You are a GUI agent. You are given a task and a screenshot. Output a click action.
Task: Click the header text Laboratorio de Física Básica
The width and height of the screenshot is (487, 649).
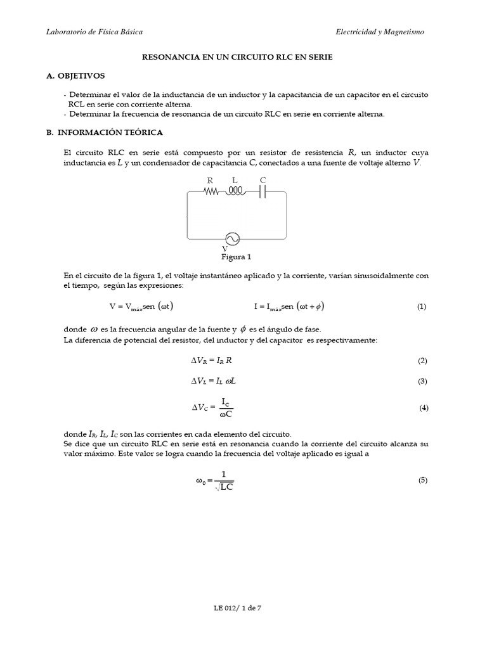click(95, 31)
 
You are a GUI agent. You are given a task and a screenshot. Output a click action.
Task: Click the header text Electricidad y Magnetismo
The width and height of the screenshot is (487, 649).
click(380, 31)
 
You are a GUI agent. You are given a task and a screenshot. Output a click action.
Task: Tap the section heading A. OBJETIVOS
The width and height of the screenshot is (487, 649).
click(75, 75)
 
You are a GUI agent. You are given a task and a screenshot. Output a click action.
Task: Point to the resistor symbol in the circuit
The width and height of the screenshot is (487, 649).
click(211, 192)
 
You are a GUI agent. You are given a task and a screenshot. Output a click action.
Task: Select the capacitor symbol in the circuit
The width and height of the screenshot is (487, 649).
click(263, 192)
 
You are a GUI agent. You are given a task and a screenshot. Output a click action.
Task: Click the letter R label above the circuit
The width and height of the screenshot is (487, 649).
click(211, 181)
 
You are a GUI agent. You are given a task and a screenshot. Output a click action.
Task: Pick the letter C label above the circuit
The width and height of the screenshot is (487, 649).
click(263, 181)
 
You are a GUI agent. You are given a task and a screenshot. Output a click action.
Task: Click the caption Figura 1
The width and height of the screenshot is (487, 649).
click(236, 257)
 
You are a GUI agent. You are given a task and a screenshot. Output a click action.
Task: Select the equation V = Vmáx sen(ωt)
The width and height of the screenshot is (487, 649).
click(141, 306)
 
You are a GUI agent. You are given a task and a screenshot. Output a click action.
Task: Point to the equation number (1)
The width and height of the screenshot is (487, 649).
click(422, 307)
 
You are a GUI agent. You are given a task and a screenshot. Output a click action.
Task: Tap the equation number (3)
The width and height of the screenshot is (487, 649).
click(423, 382)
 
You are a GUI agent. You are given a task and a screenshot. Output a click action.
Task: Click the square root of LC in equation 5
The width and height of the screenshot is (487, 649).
click(223, 487)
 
